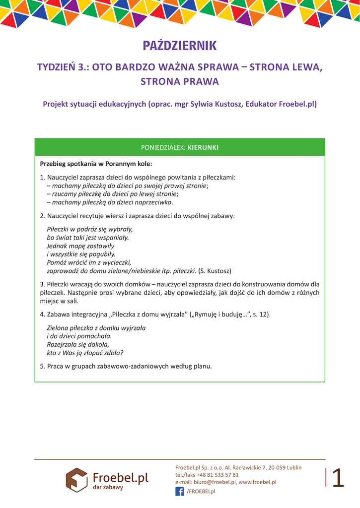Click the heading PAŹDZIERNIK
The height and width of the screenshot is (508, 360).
pos(180,46)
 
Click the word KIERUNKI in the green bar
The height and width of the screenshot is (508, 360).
pos(203,147)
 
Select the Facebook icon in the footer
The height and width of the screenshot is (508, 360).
pos(179,491)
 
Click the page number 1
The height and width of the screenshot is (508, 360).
pos(338,478)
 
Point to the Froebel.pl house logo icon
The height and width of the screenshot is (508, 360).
pos(76,479)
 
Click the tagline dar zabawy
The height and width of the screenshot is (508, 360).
pos(108,487)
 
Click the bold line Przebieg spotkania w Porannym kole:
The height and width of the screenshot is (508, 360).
pos(96,163)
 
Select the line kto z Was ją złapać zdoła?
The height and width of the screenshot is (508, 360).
pos(85,353)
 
